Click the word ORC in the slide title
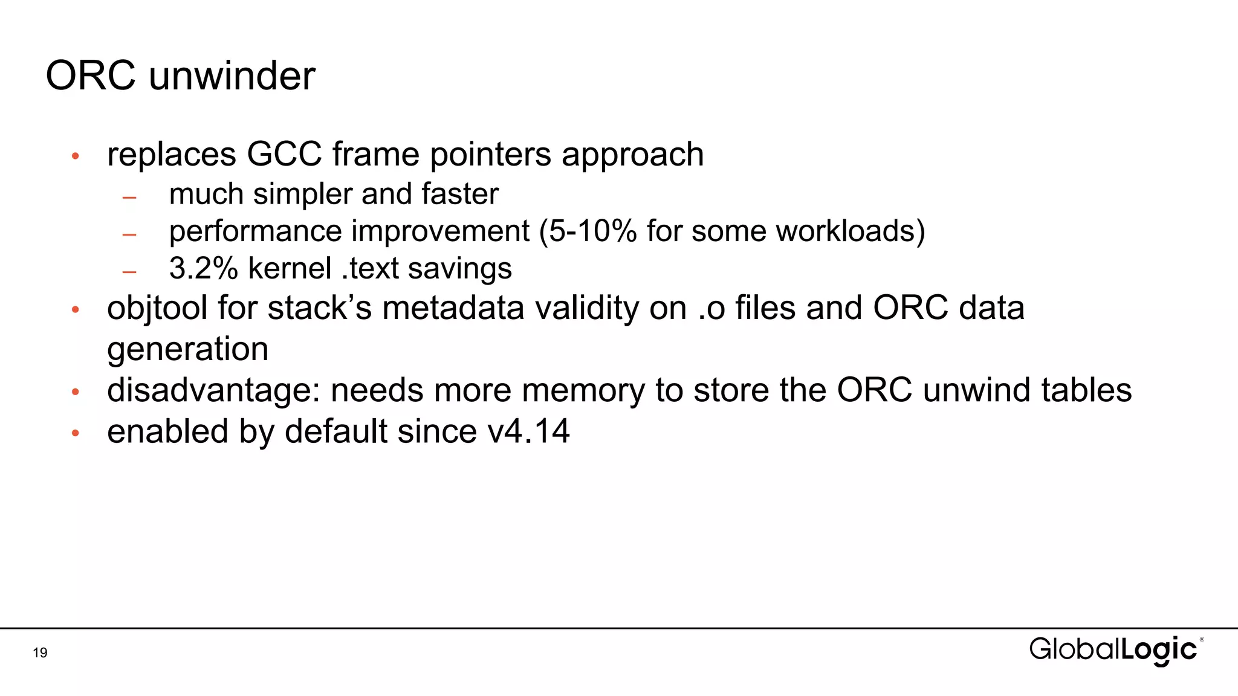point(91,76)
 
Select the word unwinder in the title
point(232,76)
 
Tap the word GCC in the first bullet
point(284,154)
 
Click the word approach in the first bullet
point(633,155)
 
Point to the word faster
point(460,194)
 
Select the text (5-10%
point(588,231)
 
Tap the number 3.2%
point(203,268)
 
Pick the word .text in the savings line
point(369,268)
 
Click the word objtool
point(157,308)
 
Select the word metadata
point(453,308)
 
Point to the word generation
point(187,349)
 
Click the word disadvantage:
point(213,390)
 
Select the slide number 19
point(40,652)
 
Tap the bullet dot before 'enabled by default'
point(76,433)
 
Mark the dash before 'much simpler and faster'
point(129,197)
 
